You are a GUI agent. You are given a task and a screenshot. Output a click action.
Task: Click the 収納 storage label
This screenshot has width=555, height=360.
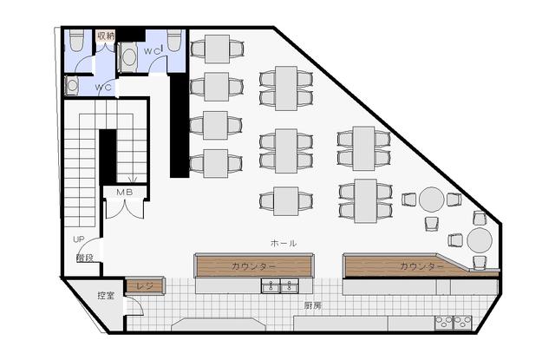coord(106,36)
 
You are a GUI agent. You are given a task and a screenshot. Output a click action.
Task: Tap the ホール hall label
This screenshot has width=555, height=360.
coord(284,243)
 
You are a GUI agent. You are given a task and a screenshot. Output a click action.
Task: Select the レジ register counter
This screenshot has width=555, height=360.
coord(145,285)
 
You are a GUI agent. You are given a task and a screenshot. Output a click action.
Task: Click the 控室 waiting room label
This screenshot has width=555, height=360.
coord(106,295)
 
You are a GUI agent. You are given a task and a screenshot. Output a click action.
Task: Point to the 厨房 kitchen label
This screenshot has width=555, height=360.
coord(313,305)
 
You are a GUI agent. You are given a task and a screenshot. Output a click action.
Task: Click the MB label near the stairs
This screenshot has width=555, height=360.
coord(125,193)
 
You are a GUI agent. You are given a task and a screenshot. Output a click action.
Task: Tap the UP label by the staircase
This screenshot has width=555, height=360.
coord(79,239)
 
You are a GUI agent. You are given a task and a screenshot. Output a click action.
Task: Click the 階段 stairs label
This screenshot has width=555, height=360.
coord(85,258)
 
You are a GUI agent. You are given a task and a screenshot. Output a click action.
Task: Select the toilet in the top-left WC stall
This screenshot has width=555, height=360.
coord(76,40)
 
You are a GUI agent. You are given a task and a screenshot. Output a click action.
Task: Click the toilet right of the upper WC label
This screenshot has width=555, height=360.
coord(174,40)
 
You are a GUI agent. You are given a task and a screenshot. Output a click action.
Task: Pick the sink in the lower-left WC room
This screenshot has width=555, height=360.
coord(72,86)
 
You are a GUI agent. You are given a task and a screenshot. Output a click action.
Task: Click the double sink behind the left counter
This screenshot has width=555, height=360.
coord(279,285)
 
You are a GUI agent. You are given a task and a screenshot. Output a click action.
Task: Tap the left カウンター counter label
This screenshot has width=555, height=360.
coord(253,266)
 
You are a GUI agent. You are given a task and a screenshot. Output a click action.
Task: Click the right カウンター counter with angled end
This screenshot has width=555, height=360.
coord(421,265)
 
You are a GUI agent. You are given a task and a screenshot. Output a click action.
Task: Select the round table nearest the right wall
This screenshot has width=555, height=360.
coord(480,240)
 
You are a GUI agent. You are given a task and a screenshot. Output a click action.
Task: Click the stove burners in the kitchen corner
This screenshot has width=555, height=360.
coord(454,323)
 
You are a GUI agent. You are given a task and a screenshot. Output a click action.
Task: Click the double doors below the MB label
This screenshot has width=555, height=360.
coord(125,210)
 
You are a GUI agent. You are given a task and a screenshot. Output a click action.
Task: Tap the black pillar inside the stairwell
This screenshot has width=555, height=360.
coord(108,157)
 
